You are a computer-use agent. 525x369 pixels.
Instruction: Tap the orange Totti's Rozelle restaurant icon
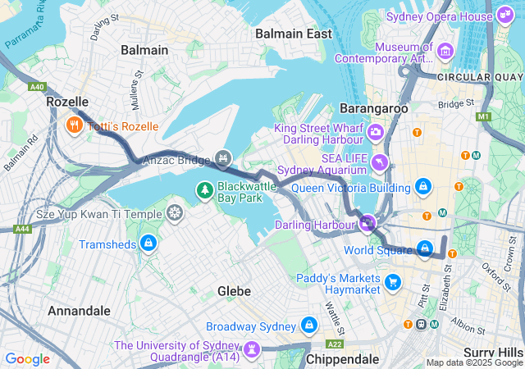point(74,125)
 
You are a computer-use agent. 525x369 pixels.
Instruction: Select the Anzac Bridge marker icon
point(222,157)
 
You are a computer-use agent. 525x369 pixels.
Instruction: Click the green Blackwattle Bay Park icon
point(203,191)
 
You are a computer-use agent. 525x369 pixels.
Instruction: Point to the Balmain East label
point(293,34)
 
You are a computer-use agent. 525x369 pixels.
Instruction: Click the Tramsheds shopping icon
point(148,244)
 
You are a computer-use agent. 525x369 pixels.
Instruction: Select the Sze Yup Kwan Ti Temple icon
point(174,214)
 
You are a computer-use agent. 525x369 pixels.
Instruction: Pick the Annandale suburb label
point(79,311)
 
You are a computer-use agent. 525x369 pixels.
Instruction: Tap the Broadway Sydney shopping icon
point(308,326)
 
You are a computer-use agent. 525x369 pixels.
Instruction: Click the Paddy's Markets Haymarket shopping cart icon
point(393,282)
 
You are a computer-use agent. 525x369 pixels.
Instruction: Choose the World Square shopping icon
point(424,248)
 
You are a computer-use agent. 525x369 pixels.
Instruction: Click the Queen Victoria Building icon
point(422,186)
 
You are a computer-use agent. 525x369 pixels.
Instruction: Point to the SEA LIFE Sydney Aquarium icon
point(378,162)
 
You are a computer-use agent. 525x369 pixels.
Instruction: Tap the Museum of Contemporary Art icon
point(446,51)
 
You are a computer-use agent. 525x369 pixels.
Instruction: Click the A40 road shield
point(36,87)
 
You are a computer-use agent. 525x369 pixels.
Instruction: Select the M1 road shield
point(482,116)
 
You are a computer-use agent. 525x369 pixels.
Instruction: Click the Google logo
point(28,358)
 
